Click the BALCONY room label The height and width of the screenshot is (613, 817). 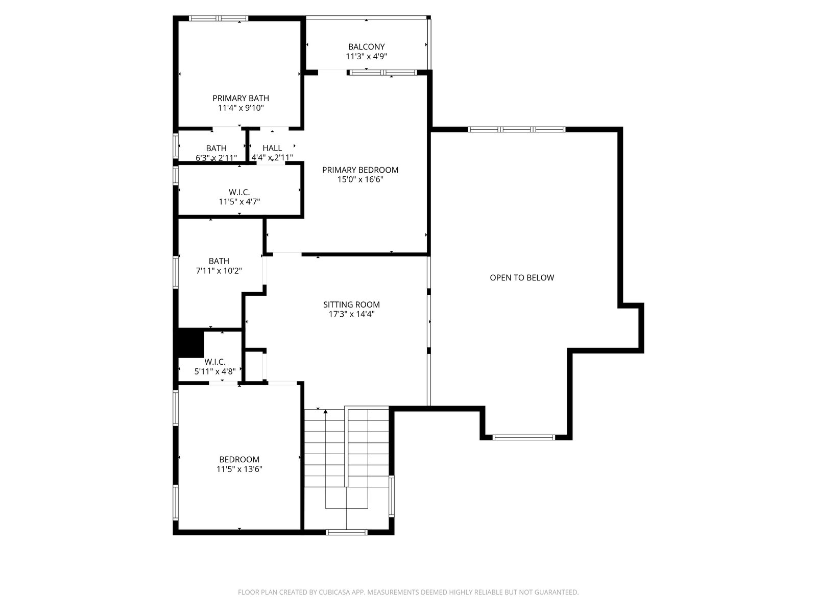[366, 47]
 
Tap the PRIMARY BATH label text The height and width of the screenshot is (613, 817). [241, 98]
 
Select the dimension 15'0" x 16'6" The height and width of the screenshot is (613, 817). [360, 180]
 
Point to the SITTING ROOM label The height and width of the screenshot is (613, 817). [351, 304]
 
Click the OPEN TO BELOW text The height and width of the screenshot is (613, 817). [522, 278]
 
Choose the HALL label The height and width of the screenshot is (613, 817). [272, 148]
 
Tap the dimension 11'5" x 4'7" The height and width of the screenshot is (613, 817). [239, 202]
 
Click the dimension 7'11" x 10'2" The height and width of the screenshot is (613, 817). [219, 271]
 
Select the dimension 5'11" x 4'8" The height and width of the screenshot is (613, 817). [215, 371]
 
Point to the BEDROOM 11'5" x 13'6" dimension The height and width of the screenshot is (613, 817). [239, 469]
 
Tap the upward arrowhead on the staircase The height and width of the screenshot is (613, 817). [326, 411]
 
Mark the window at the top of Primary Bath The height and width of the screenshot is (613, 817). [218, 18]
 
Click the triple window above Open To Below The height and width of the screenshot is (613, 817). [516, 130]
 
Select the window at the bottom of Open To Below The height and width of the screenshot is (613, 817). [524, 437]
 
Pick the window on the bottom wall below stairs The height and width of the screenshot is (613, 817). [347, 532]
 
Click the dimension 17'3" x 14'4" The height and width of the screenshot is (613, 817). [351, 314]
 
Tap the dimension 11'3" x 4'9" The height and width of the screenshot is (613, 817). [366, 57]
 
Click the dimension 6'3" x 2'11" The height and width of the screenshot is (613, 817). [217, 158]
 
